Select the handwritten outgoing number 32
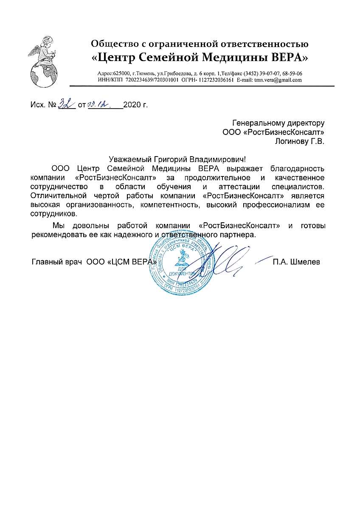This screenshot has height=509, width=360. [x=66, y=103]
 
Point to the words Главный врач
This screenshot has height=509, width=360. [x=56, y=262]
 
